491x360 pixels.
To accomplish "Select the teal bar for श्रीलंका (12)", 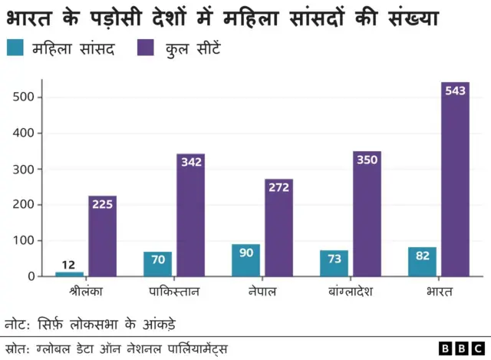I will [69, 273].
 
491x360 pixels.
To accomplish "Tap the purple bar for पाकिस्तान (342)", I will [190, 215].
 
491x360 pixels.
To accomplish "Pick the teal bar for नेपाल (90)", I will [245, 260].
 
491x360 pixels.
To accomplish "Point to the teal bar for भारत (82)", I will [422, 262].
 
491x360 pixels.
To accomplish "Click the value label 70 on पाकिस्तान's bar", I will [157, 260].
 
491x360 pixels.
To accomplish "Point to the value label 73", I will [334, 259].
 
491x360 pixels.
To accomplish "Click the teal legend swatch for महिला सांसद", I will [15, 49].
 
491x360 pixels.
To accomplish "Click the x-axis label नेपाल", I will [262, 292].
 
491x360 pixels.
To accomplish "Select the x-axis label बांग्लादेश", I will [351, 292].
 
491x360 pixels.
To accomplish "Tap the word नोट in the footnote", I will [17, 323].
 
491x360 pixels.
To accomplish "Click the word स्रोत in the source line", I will [15, 348].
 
